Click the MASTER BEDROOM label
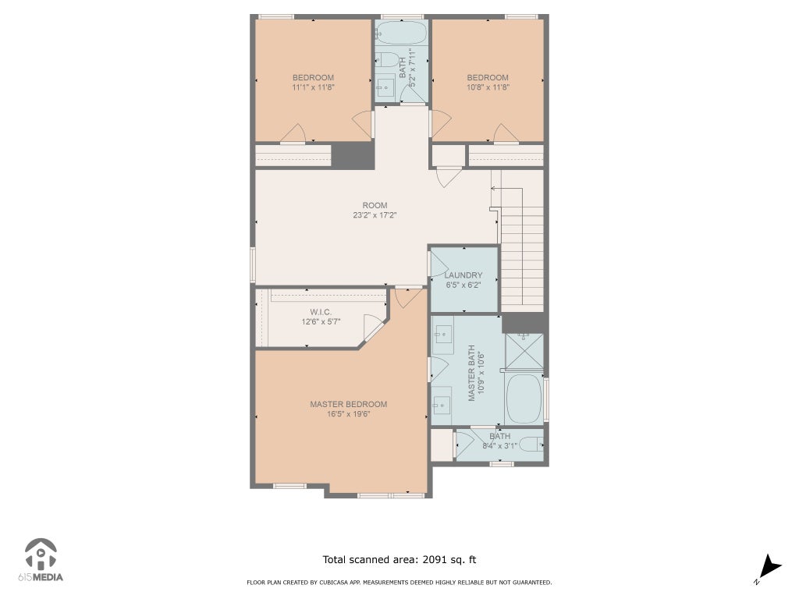pyautogui.click(x=349, y=404)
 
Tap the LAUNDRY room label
pyautogui.click(x=463, y=275)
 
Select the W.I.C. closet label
pyautogui.click(x=321, y=312)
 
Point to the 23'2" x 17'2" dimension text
pyautogui.click(x=375, y=215)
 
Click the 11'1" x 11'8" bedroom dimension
pyautogui.click(x=313, y=87)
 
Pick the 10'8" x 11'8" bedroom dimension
pyautogui.click(x=488, y=87)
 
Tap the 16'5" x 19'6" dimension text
pyautogui.click(x=349, y=413)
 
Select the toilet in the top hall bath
pyautogui.click(x=387, y=60)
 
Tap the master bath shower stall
pyautogui.click(x=524, y=351)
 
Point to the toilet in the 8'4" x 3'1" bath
pyautogui.click(x=532, y=445)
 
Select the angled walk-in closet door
pyautogui.click(x=374, y=327)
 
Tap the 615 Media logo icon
pyautogui.click(x=41, y=555)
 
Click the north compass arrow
pyautogui.click(x=771, y=566)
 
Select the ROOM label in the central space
pyautogui.click(x=375, y=205)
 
